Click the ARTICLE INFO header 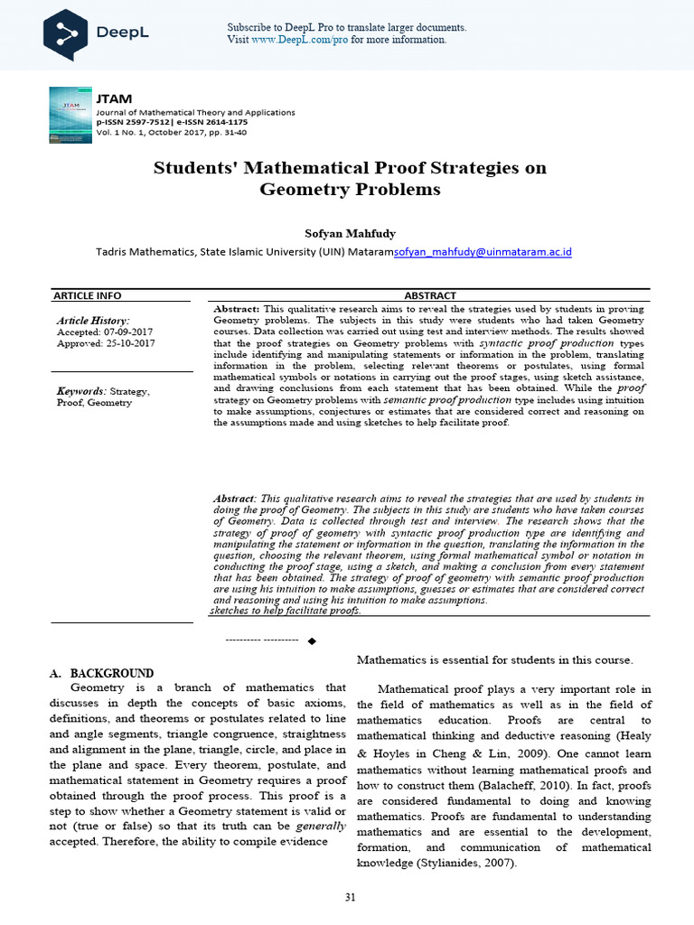tap(87, 295)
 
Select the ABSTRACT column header tap(429, 295)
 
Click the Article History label tap(93, 321)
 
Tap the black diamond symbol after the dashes tap(312, 640)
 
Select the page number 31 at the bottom tap(350, 897)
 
